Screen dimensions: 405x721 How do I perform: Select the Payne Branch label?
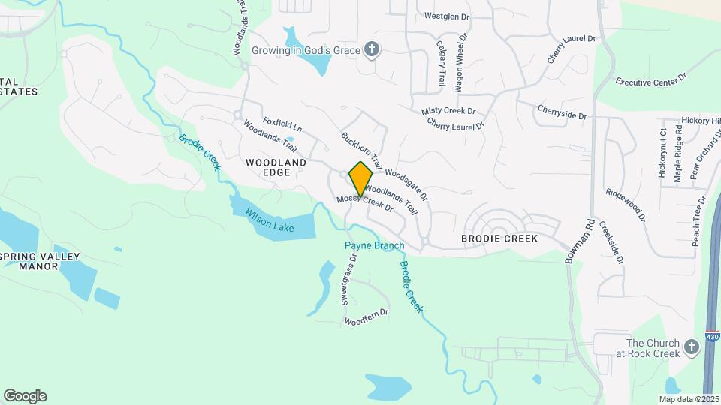coord(374,245)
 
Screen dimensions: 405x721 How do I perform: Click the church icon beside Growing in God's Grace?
coord(370,50)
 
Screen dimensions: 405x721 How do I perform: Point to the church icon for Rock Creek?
coord(692,347)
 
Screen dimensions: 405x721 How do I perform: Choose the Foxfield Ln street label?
coord(282,124)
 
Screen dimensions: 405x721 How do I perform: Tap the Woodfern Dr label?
coord(366,317)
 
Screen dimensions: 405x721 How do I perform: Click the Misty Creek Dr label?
coord(449,110)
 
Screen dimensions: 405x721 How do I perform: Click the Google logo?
coord(25,396)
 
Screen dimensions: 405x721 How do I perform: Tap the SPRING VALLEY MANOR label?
coord(39,261)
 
